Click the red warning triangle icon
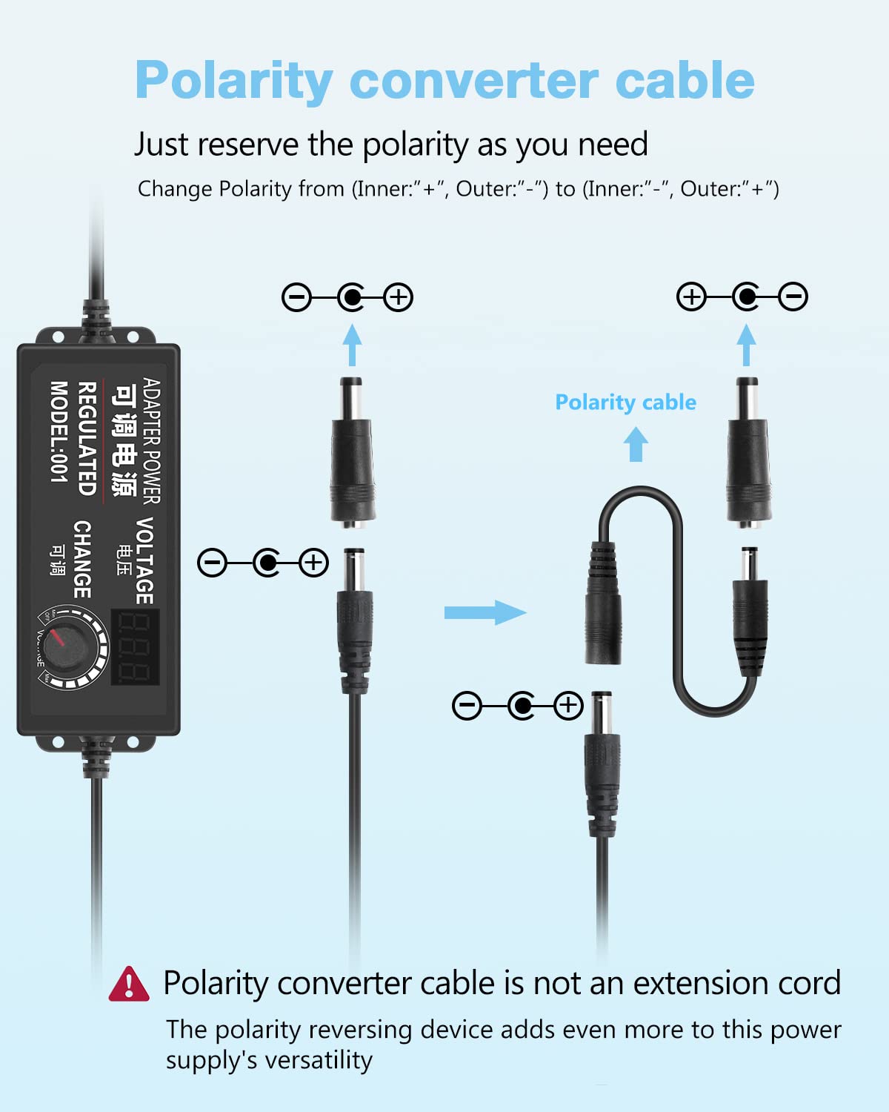129,984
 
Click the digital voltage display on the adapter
136,646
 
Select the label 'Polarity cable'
625,402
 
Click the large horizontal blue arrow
485,612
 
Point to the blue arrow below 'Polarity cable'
636,445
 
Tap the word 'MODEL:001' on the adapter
59,431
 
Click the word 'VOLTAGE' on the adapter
145,560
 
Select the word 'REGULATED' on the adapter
87,439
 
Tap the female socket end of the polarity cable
604,604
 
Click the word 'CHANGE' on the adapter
83,559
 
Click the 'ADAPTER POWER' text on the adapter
151,440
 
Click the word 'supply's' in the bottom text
212,1060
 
